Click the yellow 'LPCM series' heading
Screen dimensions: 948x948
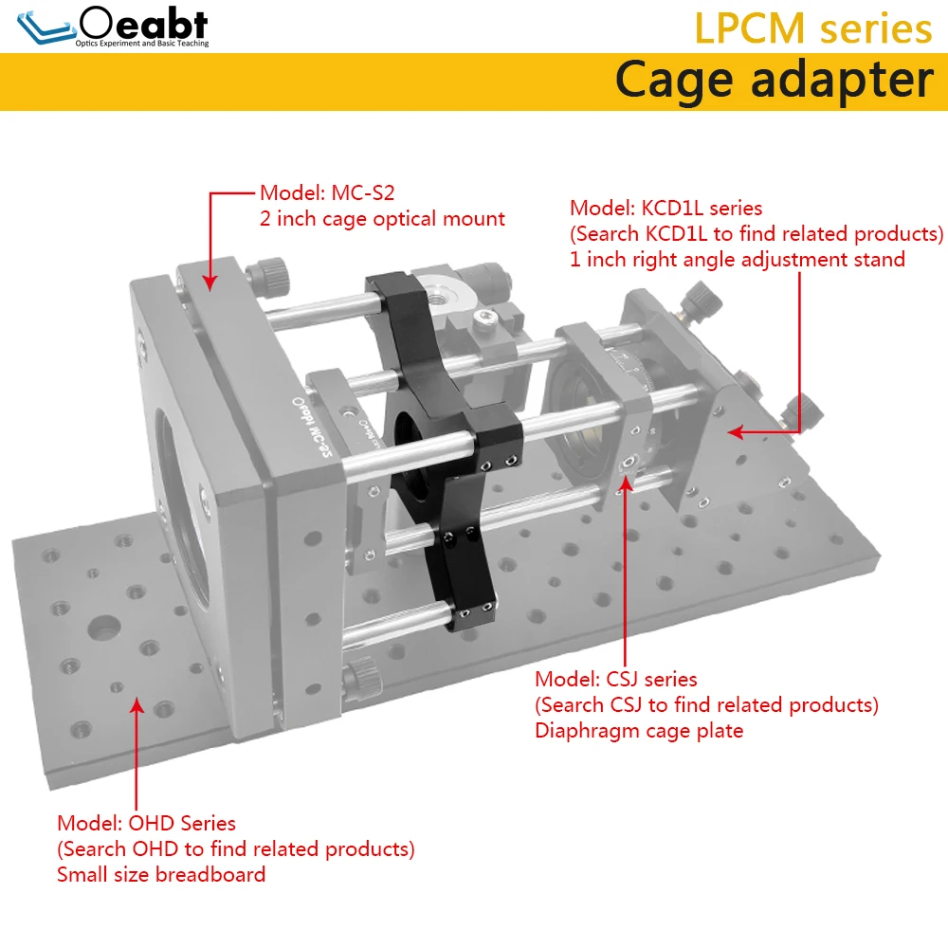(812, 28)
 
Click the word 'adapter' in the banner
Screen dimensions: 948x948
(842, 81)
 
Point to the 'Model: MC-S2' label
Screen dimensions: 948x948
(327, 192)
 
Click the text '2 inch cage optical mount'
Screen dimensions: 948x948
(382, 219)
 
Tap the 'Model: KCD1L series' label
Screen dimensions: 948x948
(665, 208)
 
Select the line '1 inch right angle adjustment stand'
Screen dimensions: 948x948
(737, 260)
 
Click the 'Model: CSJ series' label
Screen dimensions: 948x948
(615, 679)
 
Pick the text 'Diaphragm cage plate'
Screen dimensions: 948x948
(639, 730)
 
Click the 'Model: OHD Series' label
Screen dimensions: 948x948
(146, 823)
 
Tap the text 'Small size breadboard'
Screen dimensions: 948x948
(161, 874)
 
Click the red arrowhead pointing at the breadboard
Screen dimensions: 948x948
(137, 705)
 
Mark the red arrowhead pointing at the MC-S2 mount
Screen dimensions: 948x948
(210, 283)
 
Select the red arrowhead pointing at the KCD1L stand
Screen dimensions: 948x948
(735, 431)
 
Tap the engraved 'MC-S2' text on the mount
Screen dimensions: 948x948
(321, 435)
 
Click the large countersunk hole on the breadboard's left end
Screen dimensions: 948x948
(103, 628)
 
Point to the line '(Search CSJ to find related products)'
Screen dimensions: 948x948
(707, 705)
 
